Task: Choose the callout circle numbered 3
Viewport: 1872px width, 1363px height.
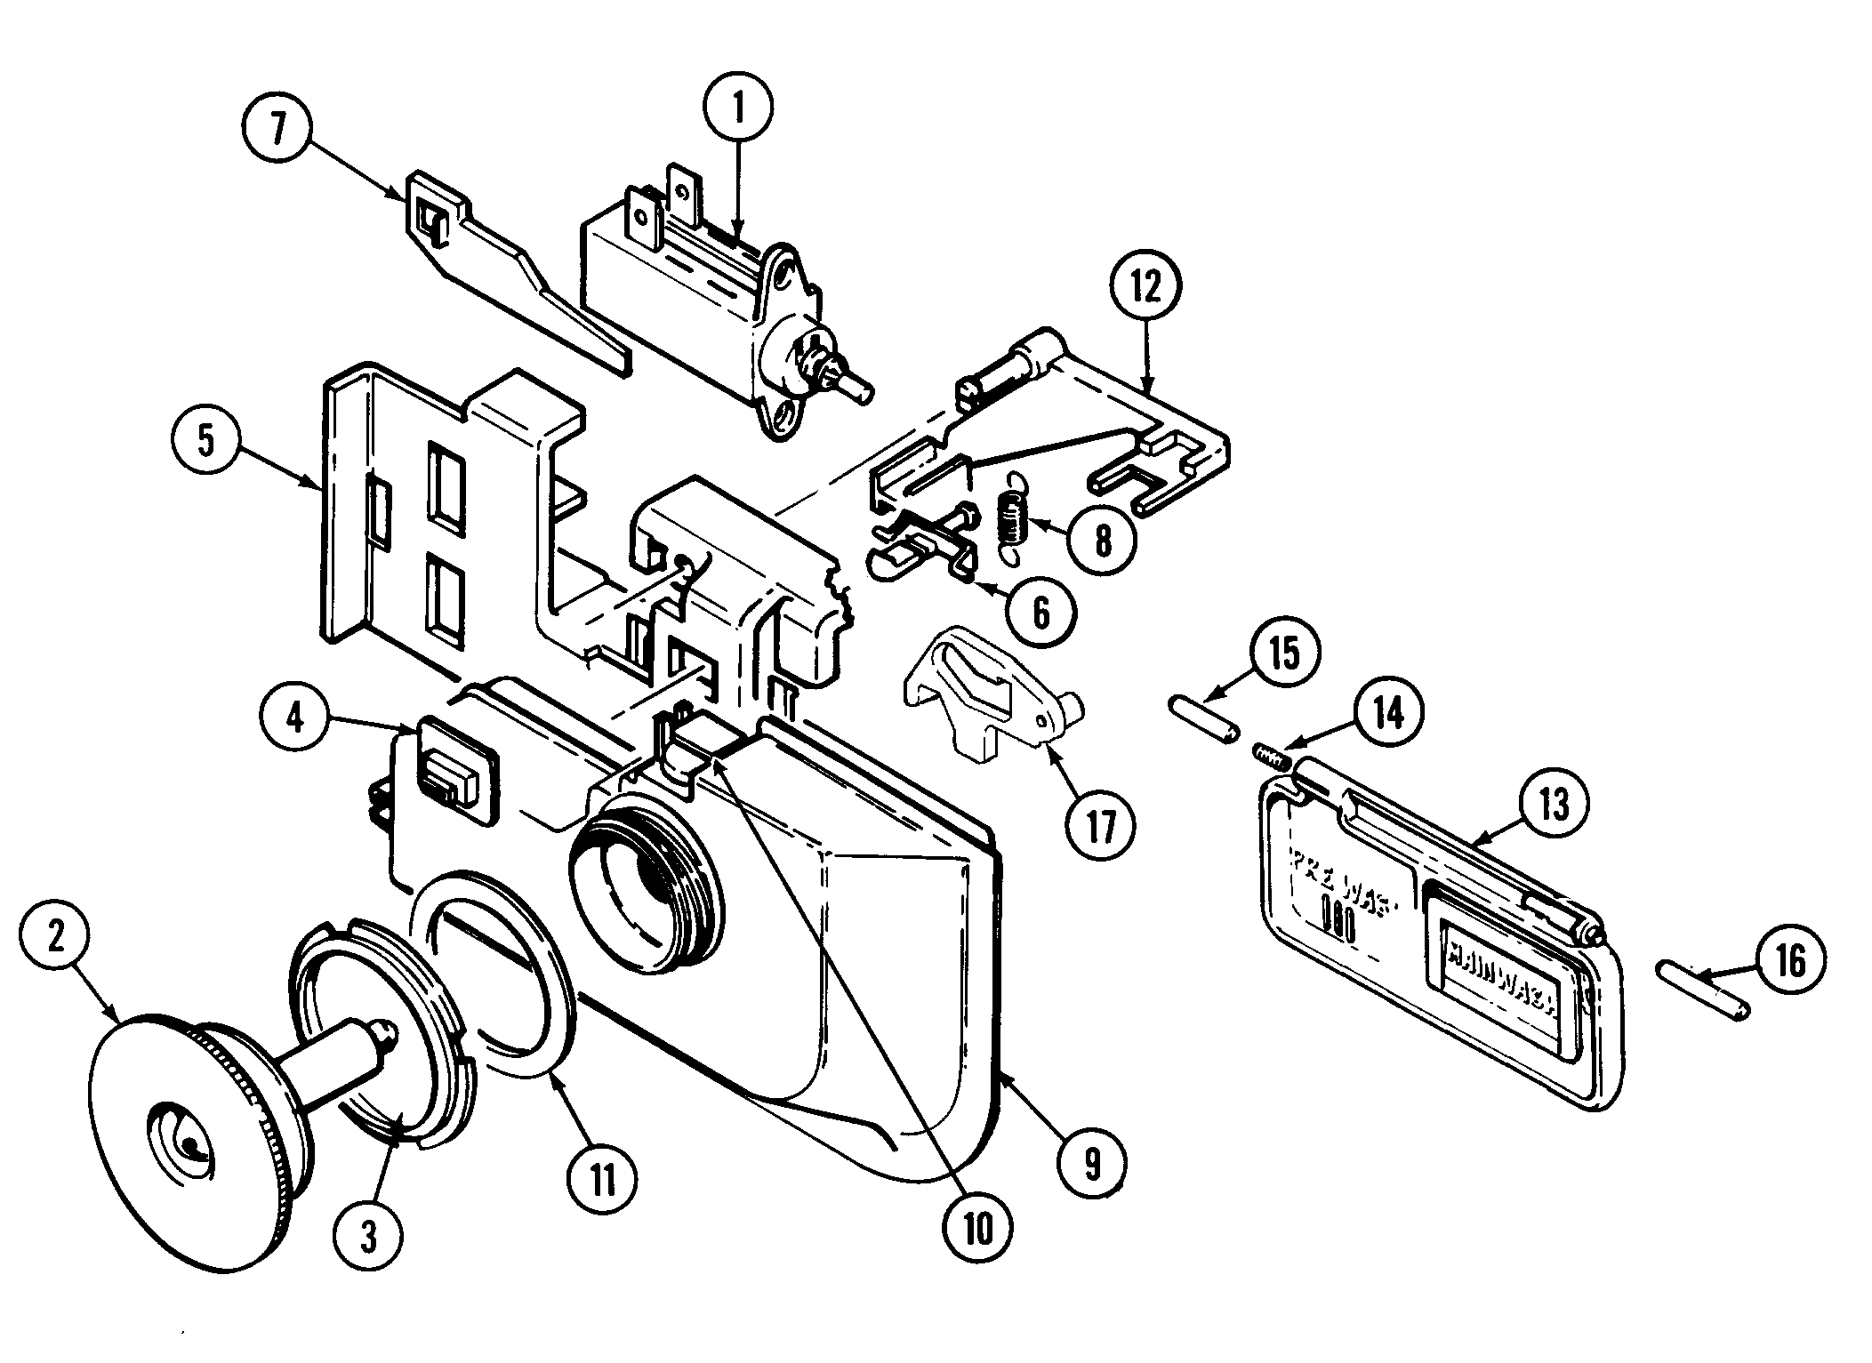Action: coord(369,1234)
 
